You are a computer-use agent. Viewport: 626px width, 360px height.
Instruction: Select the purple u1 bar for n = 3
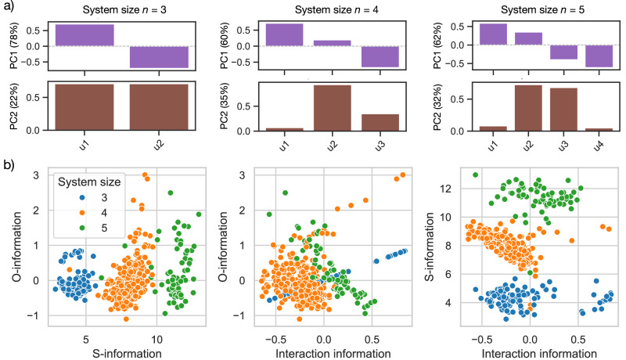tap(85, 35)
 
